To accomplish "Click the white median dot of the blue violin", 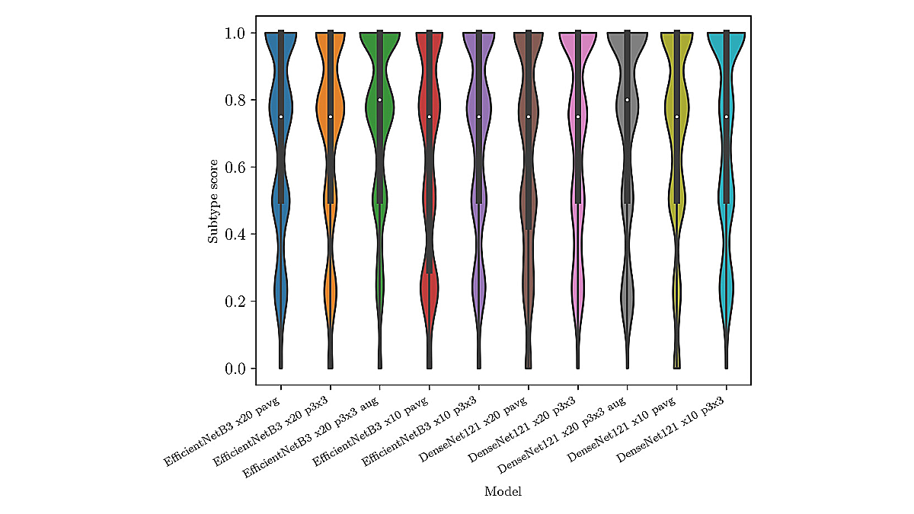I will click(x=281, y=117).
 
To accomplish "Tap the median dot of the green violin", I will click(x=380, y=100).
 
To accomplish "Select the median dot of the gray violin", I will click(x=628, y=100).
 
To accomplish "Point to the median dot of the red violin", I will click(x=430, y=117).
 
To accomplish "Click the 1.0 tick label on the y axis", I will click(x=234, y=34).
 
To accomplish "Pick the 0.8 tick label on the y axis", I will click(x=234, y=101).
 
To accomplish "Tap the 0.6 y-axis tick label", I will click(x=234, y=168).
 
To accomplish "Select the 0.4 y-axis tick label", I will click(x=234, y=235).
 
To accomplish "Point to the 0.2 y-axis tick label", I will click(x=234, y=302).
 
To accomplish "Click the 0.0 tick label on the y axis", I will click(x=234, y=369).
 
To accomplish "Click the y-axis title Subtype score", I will click(x=213, y=201).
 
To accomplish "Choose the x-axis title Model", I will click(x=503, y=492).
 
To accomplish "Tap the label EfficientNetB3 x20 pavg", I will click(x=222, y=428).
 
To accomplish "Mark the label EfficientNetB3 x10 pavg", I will click(x=371, y=428).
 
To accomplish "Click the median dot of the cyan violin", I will click(x=727, y=117).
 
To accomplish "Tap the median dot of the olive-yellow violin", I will click(x=677, y=117).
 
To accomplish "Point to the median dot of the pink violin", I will click(x=578, y=117).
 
